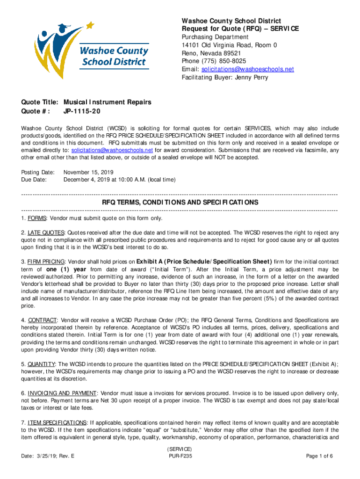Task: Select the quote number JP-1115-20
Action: coord(82,111)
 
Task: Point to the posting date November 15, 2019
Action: coord(88,172)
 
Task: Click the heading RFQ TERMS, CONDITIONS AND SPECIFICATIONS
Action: coord(180,203)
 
